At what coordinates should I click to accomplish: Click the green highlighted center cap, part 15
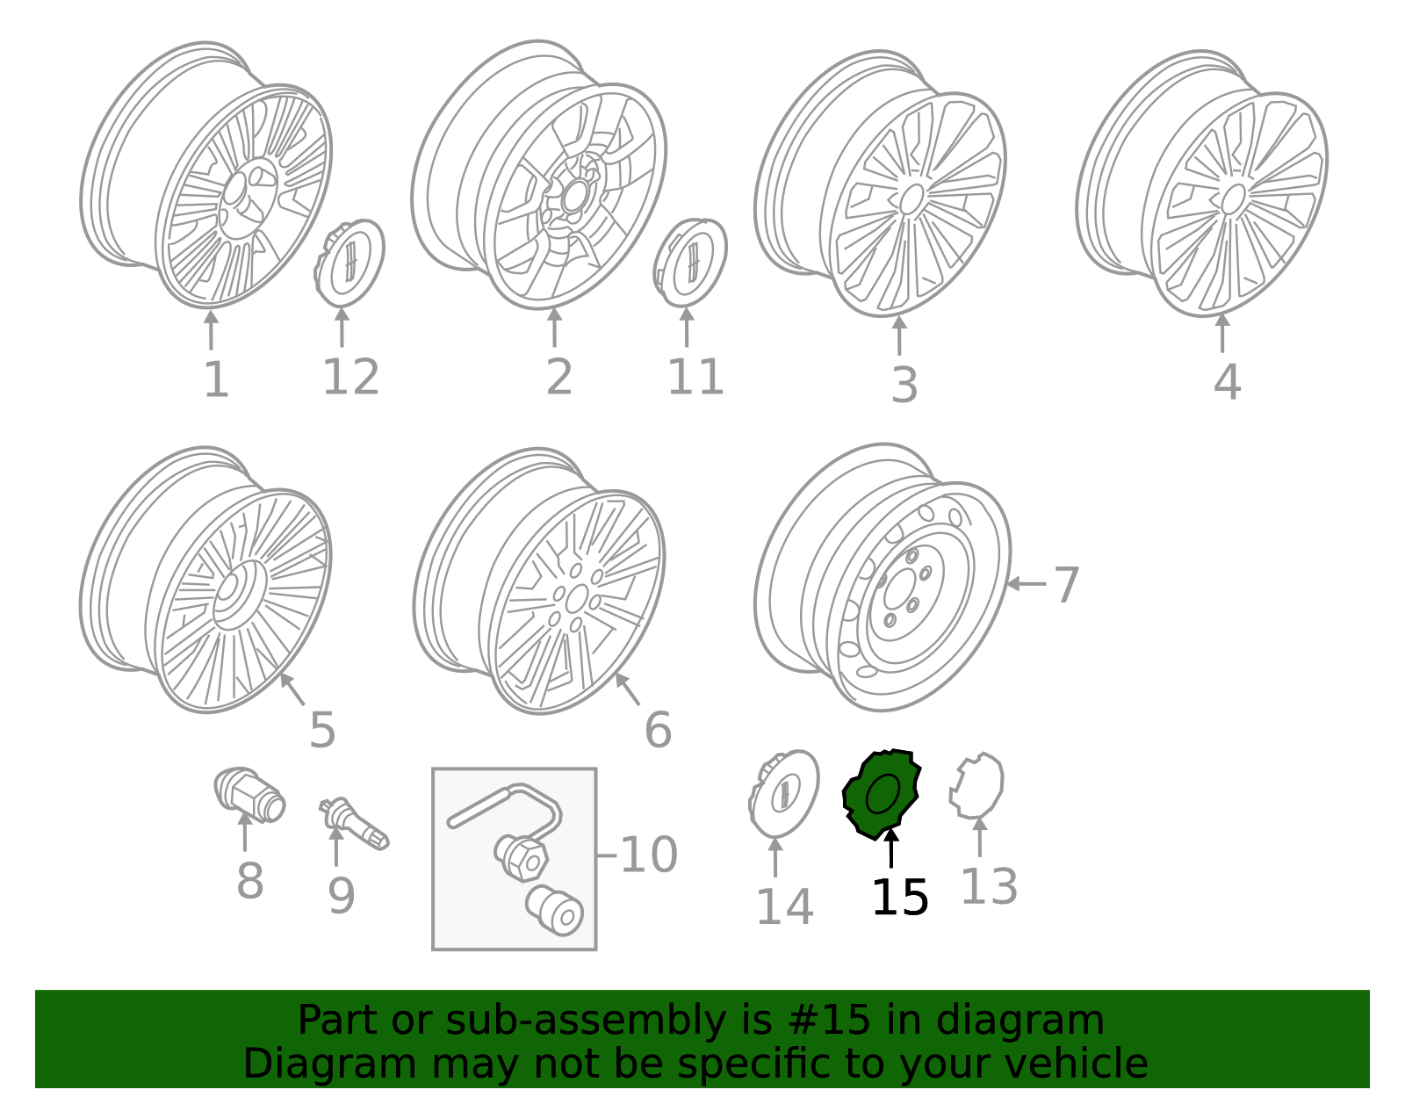(x=882, y=795)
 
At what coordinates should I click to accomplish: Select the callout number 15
(x=900, y=898)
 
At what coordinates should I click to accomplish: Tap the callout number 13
(x=989, y=886)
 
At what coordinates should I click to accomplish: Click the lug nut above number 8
(x=249, y=795)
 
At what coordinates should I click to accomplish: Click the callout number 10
(x=649, y=855)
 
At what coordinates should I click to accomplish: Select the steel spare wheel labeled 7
(x=882, y=577)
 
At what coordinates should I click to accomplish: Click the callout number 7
(x=1067, y=585)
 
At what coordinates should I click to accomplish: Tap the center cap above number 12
(x=349, y=263)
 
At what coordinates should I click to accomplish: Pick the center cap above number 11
(x=690, y=263)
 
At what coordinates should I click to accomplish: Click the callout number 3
(x=904, y=385)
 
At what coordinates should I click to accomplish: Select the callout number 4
(x=1228, y=381)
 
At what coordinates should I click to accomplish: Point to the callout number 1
(x=217, y=379)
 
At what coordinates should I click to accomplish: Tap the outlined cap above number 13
(x=976, y=786)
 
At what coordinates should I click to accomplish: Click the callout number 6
(x=659, y=730)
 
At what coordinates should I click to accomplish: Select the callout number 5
(x=322, y=730)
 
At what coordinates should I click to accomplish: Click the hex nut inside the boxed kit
(x=522, y=858)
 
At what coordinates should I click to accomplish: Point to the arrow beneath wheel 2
(x=554, y=328)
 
